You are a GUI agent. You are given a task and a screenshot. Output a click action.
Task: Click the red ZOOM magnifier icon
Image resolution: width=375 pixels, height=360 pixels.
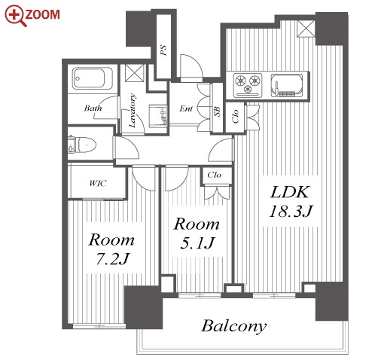point(16,16)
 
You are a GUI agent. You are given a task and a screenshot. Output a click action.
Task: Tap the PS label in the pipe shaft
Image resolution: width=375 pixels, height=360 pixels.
point(163,50)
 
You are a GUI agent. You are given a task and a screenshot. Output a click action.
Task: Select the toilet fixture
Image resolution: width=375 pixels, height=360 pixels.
point(83,145)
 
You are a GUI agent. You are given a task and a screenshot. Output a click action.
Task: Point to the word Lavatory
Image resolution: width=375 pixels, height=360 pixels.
point(132,111)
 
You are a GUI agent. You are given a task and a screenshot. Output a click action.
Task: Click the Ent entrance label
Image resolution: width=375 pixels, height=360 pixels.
point(186,108)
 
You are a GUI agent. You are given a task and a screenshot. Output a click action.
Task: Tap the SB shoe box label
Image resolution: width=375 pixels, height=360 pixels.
point(218,111)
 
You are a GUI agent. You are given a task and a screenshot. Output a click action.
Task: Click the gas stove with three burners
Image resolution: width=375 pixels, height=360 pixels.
point(248,85)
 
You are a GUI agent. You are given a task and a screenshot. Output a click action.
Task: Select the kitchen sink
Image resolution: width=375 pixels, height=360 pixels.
point(286,85)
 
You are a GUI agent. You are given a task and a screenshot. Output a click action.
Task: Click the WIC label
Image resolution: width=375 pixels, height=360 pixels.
point(98,183)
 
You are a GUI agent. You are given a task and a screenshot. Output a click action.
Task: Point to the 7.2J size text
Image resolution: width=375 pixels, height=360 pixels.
point(112,258)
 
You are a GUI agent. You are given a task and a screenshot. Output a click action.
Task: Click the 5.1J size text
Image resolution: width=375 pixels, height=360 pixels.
point(197,243)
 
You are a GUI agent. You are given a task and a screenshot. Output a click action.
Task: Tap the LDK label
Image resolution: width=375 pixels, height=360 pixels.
point(289,192)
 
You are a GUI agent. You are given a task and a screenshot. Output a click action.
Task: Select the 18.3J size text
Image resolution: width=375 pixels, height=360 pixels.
point(290,211)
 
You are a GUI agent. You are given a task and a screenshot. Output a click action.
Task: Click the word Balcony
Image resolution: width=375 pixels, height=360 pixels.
point(233,326)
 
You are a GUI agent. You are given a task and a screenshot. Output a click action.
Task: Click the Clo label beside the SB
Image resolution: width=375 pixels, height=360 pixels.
point(235,116)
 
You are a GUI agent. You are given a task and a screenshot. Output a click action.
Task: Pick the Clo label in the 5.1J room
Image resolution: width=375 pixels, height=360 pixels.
point(214,175)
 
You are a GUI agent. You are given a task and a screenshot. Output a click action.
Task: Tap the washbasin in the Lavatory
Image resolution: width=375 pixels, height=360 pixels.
point(157,114)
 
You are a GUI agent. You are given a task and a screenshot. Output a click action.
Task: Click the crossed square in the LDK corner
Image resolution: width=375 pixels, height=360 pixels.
point(306,29)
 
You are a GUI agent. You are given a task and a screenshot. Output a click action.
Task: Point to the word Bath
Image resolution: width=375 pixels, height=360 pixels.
point(93,108)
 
